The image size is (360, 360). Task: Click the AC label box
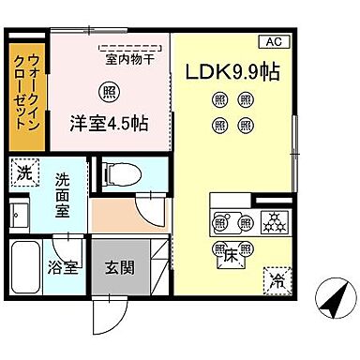tap(275, 40)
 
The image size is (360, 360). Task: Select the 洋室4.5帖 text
tap(107, 121)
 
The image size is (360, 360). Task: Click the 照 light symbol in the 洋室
tap(108, 92)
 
